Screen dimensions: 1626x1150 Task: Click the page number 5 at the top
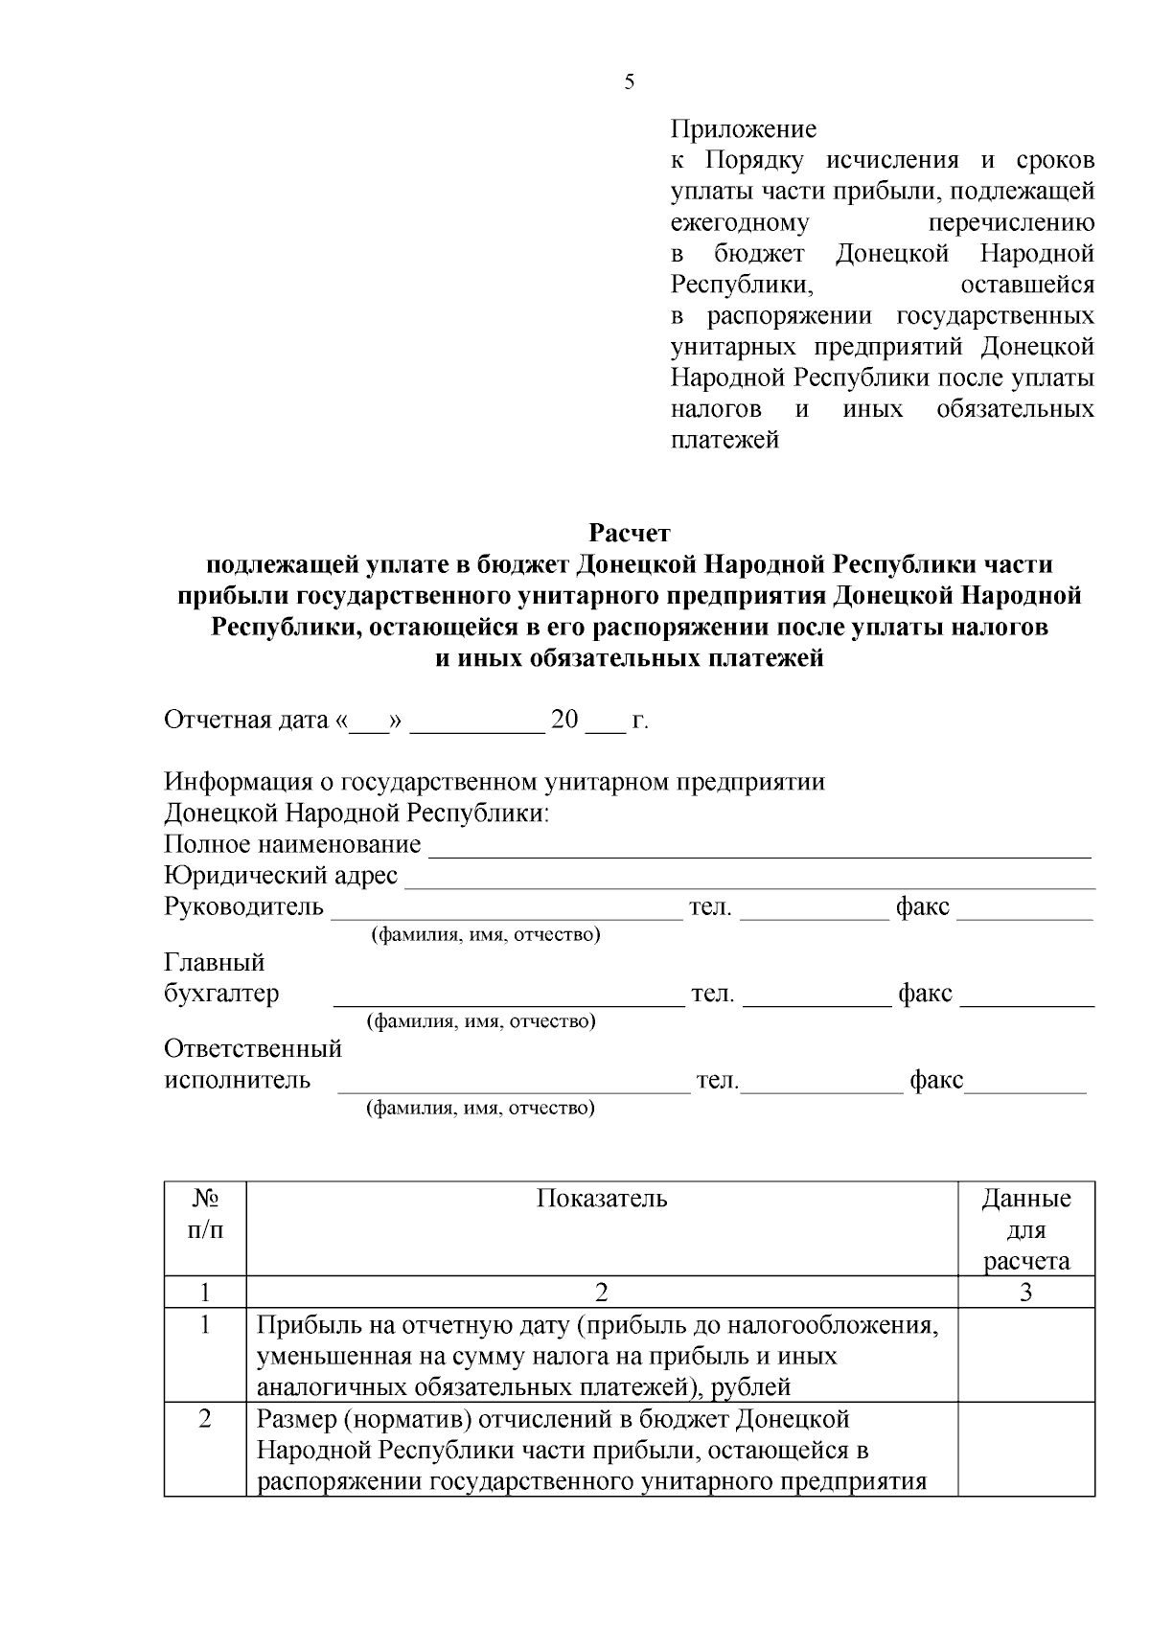pyautogui.click(x=629, y=82)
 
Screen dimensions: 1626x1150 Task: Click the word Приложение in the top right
pyautogui.click(x=743, y=129)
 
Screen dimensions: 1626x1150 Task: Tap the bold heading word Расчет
pyautogui.click(x=629, y=533)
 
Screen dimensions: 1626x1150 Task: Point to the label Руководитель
pyautogui.click(x=244, y=906)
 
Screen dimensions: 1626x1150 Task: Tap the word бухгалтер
pyautogui.click(x=222, y=993)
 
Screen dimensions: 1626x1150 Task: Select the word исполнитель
pyautogui.click(x=238, y=1080)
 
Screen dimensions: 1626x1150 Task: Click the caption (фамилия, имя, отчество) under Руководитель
pyautogui.click(x=485, y=934)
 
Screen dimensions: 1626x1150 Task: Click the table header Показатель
pyautogui.click(x=602, y=1199)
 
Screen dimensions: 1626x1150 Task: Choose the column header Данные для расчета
pyautogui.click(x=1025, y=1229)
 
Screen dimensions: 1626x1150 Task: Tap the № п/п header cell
pyautogui.click(x=205, y=1214)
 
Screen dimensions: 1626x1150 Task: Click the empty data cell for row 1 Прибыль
pyautogui.click(x=1025, y=1355)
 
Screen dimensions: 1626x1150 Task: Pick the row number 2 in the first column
pyautogui.click(x=205, y=1418)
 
